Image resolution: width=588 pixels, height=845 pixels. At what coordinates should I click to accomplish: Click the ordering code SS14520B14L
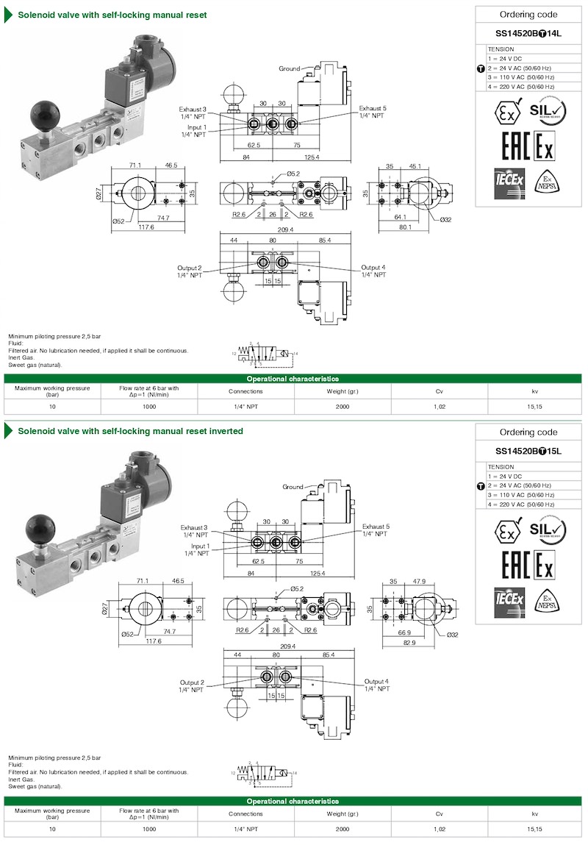[528, 33]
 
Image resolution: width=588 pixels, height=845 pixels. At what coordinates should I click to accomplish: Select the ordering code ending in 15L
[528, 451]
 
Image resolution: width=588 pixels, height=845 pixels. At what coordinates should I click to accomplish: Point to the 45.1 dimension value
[415, 166]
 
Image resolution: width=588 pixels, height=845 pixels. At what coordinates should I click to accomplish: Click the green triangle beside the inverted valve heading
[9, 431]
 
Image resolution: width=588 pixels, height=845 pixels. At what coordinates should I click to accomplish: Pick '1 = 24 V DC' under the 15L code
[505, 477]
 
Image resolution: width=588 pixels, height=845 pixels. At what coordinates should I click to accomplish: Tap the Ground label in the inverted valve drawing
[293, 487]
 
